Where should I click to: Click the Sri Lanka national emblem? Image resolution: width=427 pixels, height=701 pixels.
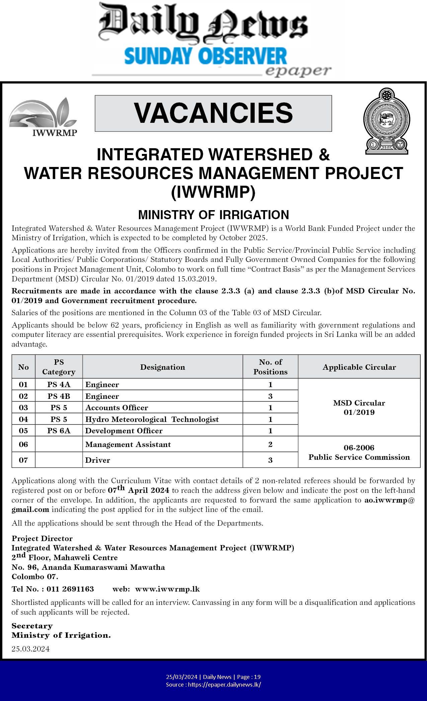[387, 121]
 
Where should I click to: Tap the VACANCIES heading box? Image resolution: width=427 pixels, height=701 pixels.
[213, 113]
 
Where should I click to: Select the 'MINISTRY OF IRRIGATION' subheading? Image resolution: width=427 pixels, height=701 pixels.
[213, 214]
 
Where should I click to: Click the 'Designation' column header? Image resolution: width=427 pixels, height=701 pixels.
[162, 367]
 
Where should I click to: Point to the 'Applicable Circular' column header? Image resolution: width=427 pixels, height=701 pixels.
[359, 367]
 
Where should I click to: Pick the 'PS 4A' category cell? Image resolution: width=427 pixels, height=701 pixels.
[59, 384]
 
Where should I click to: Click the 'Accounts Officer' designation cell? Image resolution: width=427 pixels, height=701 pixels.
[117, 408]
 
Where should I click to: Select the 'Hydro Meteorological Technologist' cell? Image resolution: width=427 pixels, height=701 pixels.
[152, 419]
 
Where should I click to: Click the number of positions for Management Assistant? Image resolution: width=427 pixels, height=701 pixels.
[270, 444]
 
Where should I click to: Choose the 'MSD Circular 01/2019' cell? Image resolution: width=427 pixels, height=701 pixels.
[359, 408]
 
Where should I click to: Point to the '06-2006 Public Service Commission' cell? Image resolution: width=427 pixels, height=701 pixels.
[359, 452]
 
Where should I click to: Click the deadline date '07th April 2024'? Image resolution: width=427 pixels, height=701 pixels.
[139, 491]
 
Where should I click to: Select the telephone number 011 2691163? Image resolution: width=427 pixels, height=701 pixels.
[70, 589]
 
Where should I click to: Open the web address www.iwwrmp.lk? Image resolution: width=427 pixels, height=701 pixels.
[167, 589]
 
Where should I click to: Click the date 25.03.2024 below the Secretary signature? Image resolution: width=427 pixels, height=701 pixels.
[31, 649]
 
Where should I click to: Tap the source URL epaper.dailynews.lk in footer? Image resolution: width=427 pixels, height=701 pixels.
[225, 685]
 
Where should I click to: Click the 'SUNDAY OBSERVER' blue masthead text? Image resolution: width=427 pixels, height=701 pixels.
[205, 56]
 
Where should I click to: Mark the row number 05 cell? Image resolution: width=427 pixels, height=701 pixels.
[23, 431]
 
